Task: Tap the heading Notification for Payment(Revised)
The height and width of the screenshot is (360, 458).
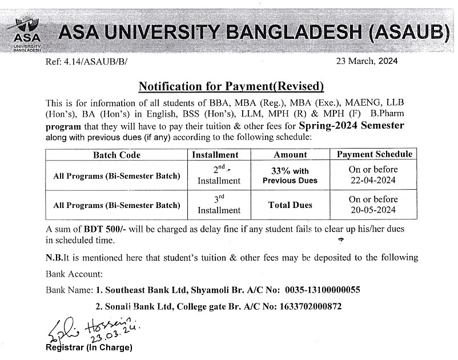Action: click(231, 86)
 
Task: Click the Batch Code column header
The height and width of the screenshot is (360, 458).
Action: click(116, 155)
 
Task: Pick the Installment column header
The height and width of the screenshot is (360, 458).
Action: click(215, 155)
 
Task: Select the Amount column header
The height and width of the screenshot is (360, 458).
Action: click(291, 155)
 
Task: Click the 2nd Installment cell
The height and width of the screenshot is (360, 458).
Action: click(219, 175)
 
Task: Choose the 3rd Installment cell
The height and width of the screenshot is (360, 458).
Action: click(219, 205)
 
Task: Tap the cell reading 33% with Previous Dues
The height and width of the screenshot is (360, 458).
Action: click(290, 175)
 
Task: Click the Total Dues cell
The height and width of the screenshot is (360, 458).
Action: click(290, 205)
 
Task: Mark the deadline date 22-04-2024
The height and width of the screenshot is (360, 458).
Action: click(373, 181)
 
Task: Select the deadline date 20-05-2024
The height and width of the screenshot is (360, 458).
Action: click(373, 210)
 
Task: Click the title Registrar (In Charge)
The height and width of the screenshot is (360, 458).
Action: click(89, 347)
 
